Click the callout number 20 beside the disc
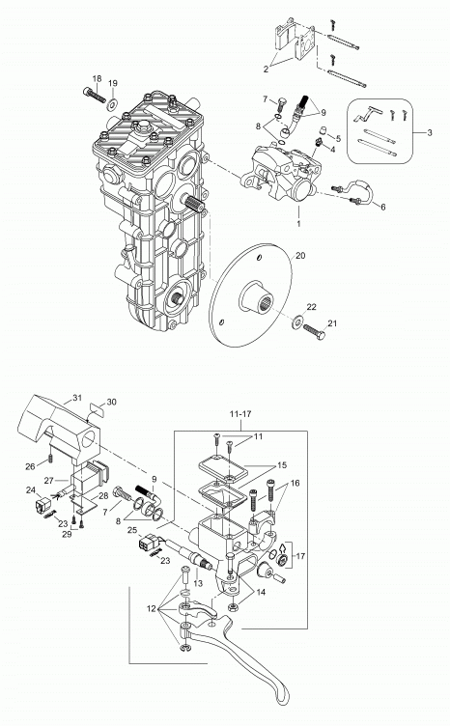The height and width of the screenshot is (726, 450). [x=300, y=256]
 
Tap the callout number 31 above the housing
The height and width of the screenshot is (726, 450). [x=77, y=398]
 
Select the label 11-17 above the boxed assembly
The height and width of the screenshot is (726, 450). [x=240, y=414]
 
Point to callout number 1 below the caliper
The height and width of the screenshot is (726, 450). [x=298, y=224]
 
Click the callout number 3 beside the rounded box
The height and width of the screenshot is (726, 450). [x=430, y=133]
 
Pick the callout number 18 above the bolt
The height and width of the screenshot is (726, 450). [x=97, y=79]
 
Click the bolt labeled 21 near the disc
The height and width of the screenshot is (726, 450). [x=315, y=331]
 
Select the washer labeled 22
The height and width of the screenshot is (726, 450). [x=296, y=321]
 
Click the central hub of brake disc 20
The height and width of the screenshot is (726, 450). [x=256, y=297]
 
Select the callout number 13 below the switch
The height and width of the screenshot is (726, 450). [x=198, y=584]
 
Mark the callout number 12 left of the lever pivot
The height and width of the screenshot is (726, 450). [x=152, y=609]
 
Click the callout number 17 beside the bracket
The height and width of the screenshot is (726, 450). [x=300, y=556]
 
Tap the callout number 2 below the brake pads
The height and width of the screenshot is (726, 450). [x=266, y=70]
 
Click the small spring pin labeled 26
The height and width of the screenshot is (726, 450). [x=50, y=459]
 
